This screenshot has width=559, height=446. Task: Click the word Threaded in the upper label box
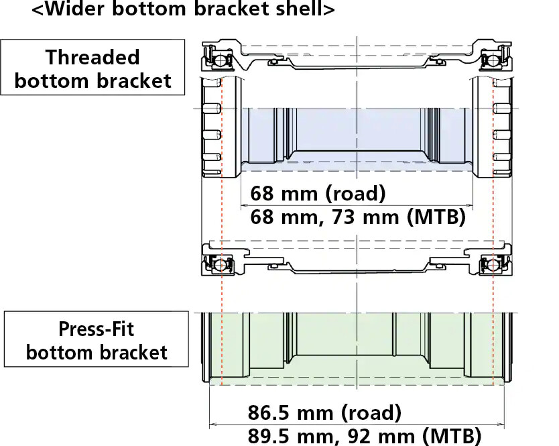tap(92, 57)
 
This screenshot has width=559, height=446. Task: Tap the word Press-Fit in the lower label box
tap(97, 329)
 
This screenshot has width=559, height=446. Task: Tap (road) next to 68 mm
tap(355, 194)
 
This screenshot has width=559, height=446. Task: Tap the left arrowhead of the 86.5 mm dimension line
tap(213, 424)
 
